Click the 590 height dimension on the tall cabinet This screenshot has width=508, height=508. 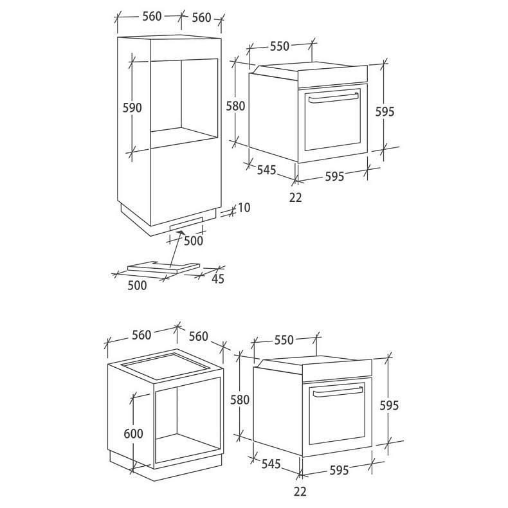tap(132, 107)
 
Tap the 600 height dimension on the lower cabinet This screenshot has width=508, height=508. tap(134, 433)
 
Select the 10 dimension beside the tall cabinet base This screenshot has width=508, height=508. tap(244, 208)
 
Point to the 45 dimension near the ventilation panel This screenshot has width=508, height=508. tap(218, 278)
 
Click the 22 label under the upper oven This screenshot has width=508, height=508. tap(295, 197)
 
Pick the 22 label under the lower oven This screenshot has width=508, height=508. tap(300, 491)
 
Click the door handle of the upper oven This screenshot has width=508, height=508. tap(333, 98)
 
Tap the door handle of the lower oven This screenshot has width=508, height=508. tap(338, 392)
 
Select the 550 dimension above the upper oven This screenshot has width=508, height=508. tap(280, 46)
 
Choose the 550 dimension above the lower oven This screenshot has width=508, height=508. tap(284, 340)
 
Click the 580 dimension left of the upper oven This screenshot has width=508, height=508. tap(235, 106)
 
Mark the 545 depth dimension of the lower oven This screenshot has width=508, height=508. tap(271, 464)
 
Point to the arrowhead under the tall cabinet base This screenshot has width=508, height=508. tap(180, 233)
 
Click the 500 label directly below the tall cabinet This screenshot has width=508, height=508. tap(194, 240)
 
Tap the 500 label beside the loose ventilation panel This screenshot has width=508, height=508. tap(137, 285)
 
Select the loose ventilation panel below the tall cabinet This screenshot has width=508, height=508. tap(163, 266)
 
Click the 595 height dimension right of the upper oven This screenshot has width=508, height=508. tap(385, 111)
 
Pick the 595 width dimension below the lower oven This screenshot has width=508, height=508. tap(340, 470)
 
